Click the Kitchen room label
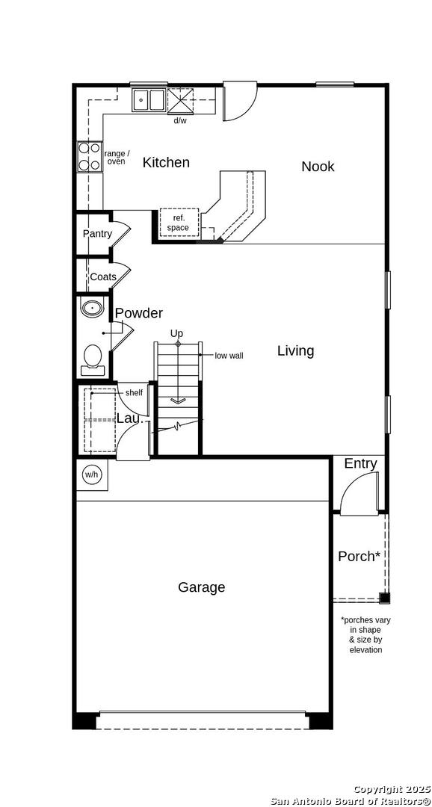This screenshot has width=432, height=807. (x=166, y=163)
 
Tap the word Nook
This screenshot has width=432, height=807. (x=318, y=166)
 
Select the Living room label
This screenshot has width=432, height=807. (x=295, y=351)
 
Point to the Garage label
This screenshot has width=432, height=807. (x=201, y=587)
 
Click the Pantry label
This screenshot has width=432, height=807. (x=97, y=234)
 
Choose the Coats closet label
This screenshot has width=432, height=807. (x=103, y=277)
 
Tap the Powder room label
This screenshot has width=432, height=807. (x=138, y=313)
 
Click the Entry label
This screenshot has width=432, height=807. (x=360, y=464)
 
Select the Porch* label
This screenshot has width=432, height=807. (x=360, y=557)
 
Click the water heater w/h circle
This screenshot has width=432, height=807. (x=91, y=474)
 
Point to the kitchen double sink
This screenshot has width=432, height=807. (x=148, y=100)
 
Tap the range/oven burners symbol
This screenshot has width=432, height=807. (x=88, y=156)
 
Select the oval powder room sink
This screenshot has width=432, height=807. (x=92, y=309)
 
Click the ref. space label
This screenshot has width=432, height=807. (x=178, y=223)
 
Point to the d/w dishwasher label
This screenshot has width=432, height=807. (x=179, y=120)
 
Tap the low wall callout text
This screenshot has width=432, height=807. (x=229, y=355)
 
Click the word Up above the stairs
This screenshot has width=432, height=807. (x=176, y=333)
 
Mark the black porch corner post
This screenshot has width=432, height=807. (x=385, y=598)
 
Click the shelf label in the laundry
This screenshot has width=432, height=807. (x=134, y=393)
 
